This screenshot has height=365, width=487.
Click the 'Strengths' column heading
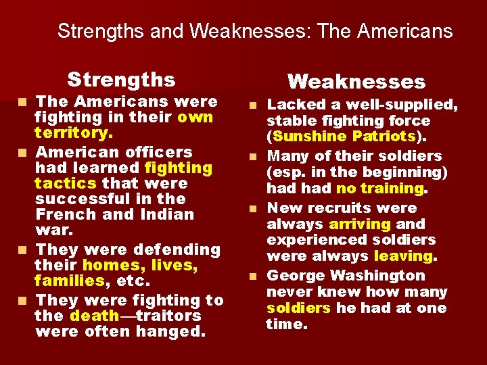pyautogui.click(x=121, y=80)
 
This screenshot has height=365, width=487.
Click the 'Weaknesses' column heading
pyautogui.click(x=356, y=82)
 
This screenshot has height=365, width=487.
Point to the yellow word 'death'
pyautogui.click(x=94, y=316)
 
